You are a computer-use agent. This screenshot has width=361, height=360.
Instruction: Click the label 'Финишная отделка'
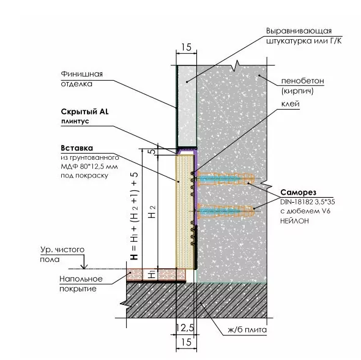point(81,79)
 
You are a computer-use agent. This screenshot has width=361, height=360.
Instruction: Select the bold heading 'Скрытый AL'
point(84,111)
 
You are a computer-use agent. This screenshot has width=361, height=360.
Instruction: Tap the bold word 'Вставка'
point(77,148)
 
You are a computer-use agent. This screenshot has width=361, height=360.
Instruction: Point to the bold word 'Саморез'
point(298,192)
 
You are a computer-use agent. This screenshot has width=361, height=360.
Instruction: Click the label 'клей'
point(290,103)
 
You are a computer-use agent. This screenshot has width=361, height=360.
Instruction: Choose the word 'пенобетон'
point(302,81)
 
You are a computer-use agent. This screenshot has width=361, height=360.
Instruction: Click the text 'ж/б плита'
point(247,330)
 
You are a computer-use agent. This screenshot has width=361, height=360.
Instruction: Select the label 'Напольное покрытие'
point(81,283)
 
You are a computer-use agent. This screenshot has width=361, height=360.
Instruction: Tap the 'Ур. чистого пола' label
point(62,255)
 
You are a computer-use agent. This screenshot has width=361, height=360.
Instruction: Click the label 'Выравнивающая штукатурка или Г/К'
point(304,36)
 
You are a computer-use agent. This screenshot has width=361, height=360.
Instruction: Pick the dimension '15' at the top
point(186,47)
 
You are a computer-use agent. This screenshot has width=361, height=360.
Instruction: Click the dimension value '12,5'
point(185,328)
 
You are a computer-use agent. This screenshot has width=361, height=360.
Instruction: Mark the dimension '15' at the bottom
point(186,342)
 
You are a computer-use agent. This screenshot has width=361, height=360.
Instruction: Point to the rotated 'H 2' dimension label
point(152,212)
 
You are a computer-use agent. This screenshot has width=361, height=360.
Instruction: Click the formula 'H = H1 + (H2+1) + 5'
point(134,216)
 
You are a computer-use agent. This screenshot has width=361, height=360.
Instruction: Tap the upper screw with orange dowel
point(223,179)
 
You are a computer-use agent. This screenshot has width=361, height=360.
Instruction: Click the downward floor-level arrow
point(84,261)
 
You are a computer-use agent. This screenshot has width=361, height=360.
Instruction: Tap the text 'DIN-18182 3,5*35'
point(307,202)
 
